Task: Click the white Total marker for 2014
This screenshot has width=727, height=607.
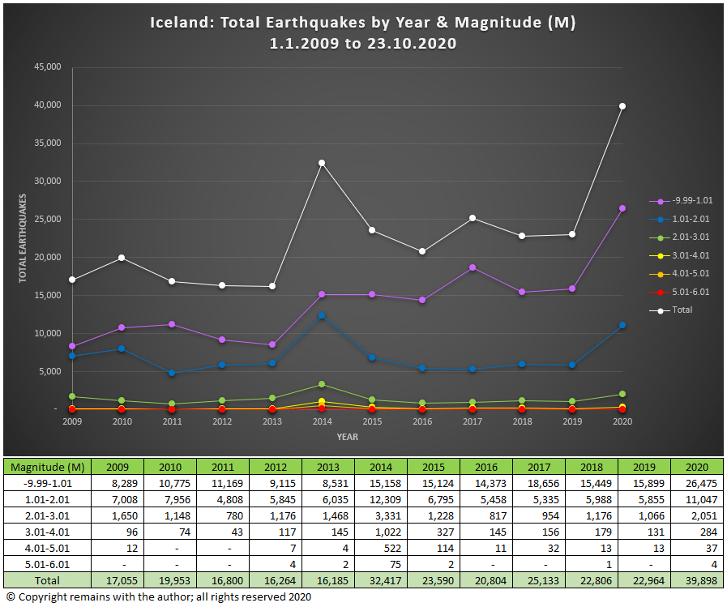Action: [x=322, y=163]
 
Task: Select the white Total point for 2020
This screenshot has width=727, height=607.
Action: [x=622, y=106]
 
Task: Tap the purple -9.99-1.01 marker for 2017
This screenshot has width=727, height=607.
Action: [x=472, y=267]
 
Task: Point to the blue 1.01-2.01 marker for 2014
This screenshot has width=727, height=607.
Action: [x=322, y=316]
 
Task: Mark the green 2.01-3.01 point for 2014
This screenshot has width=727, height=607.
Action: [x=322, y=384]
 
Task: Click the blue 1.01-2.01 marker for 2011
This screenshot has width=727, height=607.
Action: [x=172, y=373]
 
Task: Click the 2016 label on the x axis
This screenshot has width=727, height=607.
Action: [x=422, y=421]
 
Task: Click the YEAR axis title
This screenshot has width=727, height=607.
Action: [x=348, y=438]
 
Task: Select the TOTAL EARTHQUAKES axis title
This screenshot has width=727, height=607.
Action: [x=24, y=237]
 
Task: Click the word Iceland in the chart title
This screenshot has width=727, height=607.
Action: [x=178, y=23]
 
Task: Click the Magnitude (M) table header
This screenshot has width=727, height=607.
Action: [x=47, y=467]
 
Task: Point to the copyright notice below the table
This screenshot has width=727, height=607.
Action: [x=158, y=597]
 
